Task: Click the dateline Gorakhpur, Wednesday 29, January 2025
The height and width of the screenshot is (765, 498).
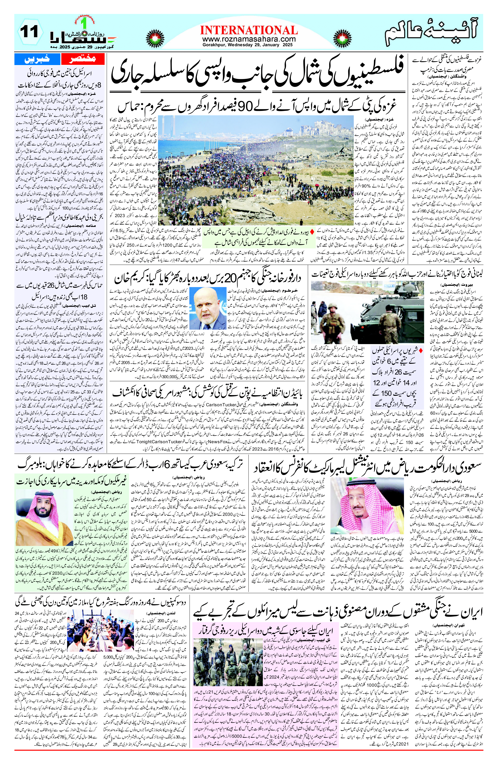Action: [x=249, y=45]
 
